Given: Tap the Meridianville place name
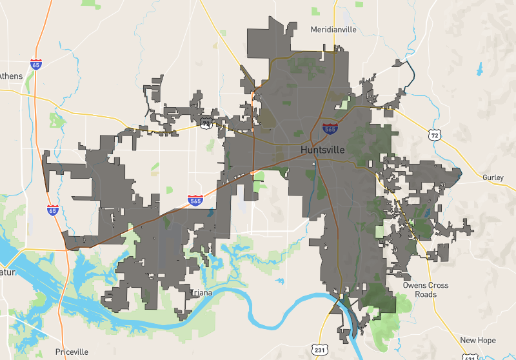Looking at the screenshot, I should coord(333,30).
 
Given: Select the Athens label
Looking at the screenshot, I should coord(11,76).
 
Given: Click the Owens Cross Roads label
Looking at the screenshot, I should coord(419,290).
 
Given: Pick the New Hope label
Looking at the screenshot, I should coord(477,340).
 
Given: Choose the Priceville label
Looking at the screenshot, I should coord(72,352).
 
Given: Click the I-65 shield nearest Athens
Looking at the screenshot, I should coord(36,65).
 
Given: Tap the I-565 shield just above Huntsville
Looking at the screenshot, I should coord(330,128).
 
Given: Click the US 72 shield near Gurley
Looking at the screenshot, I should coord(433,134).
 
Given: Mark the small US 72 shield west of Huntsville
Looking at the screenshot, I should coord(206,123).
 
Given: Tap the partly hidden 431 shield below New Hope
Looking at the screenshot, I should coord(470,357).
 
